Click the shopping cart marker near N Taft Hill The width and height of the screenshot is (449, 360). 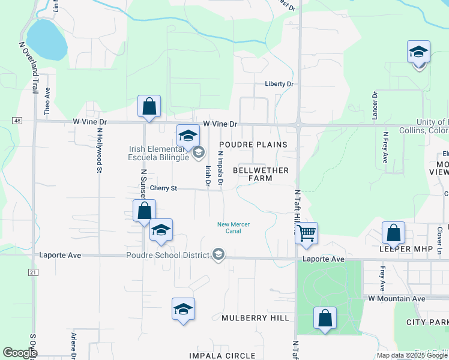306,232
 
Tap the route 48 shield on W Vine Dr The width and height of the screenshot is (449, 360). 17,121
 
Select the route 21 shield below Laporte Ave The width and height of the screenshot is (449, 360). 32,272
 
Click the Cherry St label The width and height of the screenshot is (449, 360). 163,188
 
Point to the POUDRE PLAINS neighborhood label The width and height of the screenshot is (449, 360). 253,145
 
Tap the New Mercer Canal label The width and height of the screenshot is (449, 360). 234,228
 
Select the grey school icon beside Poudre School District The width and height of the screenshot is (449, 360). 218,255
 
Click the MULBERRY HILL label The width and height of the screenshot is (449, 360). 255,317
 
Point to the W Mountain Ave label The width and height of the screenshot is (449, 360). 397,298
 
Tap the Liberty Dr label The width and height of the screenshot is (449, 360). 279,84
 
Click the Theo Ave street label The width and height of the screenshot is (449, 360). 47,100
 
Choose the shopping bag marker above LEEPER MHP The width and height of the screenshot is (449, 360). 393,232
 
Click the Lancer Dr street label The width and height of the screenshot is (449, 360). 375,105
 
